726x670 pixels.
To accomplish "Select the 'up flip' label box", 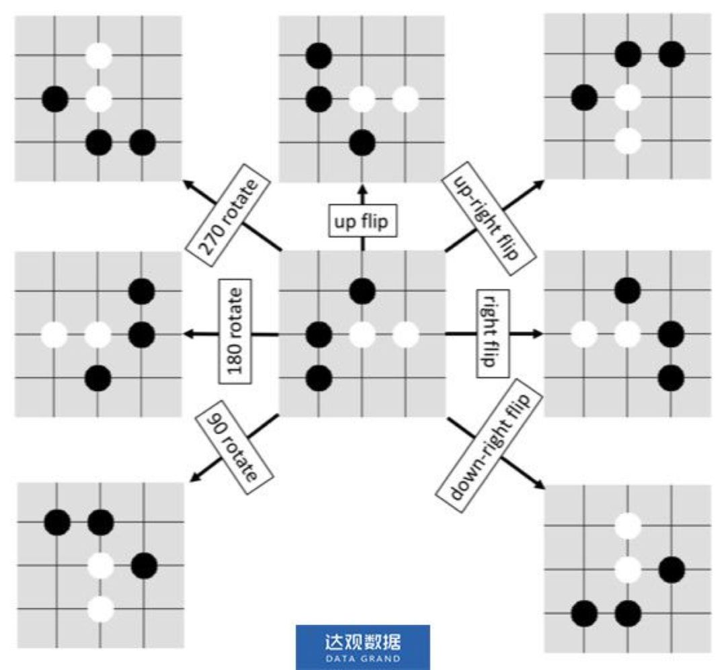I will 362,222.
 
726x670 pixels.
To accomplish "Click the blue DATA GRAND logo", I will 362,646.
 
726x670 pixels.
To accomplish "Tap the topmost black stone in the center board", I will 362,290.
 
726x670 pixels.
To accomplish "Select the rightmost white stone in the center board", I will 405,334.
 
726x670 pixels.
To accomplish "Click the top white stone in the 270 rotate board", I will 99,55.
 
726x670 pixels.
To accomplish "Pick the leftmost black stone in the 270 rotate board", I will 55,99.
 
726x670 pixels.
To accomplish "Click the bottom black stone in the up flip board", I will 362,141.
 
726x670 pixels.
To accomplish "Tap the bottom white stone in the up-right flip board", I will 627,141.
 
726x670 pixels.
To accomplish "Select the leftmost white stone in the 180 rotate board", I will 55,334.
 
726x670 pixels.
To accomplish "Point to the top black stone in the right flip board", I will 627,290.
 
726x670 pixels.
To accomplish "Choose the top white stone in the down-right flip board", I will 627,526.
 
